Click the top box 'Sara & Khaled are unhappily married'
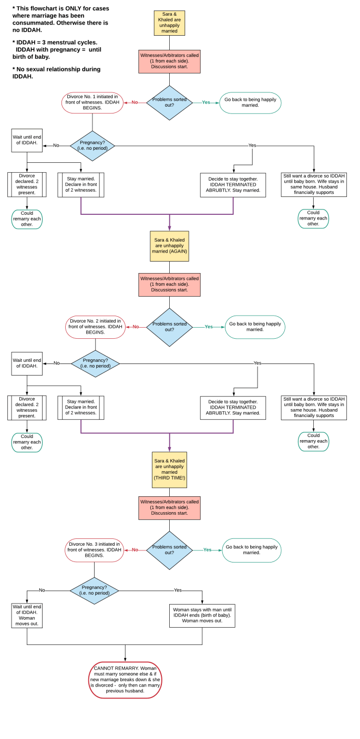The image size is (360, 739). [169, 23]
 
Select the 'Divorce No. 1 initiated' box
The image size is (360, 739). [92, 102]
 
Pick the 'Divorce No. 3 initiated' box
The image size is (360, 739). [94, 549]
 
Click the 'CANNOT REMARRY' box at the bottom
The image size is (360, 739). [125, 680]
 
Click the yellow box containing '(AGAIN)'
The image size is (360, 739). [169, 245]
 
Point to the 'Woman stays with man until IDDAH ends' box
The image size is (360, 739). [202, 615]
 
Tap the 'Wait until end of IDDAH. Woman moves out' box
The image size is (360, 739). [27, 615]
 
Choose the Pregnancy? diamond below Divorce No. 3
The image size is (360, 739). [95, 590]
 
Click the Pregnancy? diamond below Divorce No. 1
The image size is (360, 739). [92, 145]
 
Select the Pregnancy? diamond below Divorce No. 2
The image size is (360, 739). [95, 363]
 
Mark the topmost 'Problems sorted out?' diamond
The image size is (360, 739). [169, 102]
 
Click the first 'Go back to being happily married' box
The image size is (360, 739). [250, 102]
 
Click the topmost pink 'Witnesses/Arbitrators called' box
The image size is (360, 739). [169, 61]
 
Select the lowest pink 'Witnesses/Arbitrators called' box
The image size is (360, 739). [169, 507]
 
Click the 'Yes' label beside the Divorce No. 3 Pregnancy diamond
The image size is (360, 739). [178, 590]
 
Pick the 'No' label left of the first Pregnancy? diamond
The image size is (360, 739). [56, 145]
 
